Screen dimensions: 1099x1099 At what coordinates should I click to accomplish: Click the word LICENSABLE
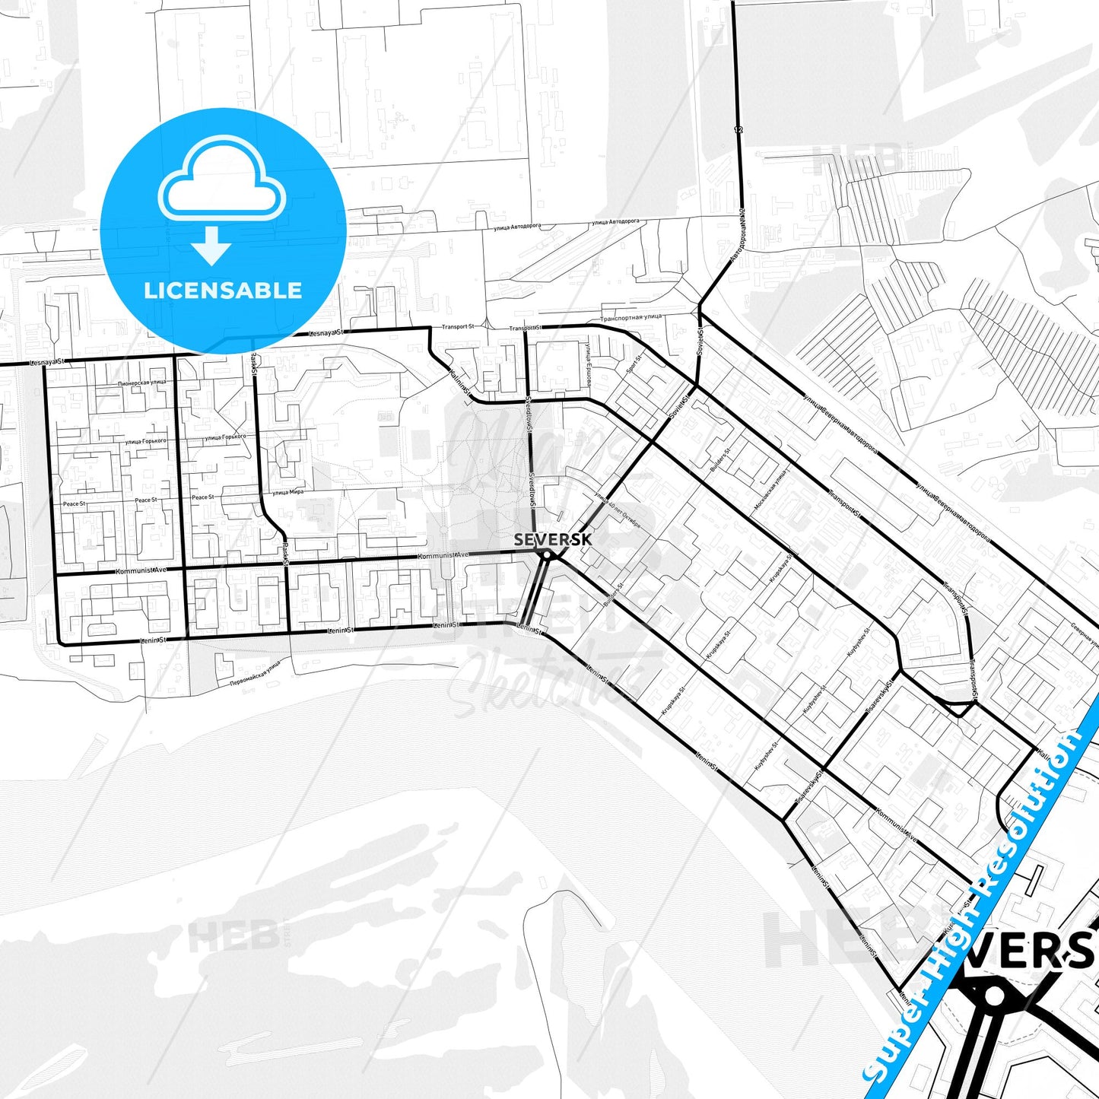point(223,291)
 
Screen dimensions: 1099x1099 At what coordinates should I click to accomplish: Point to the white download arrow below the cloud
point(211,246)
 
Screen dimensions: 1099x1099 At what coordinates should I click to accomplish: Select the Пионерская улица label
point(142,383)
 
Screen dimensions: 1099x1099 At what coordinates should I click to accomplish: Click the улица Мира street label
point(288,492)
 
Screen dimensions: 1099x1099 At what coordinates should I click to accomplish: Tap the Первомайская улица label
point(256,673)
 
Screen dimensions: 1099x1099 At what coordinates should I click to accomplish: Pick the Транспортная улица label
point(631,317)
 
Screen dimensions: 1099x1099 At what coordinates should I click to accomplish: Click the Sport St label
point(634,365)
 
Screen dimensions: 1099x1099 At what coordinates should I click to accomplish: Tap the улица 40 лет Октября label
point(618,510)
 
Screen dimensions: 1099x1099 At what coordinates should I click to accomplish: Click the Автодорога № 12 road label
point(737,237)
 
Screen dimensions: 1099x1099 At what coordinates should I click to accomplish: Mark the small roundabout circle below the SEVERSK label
point(546,556)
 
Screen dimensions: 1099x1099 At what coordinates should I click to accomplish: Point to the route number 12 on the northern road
point(738,130)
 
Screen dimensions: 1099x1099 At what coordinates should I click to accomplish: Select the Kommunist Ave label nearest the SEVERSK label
point(443,556)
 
